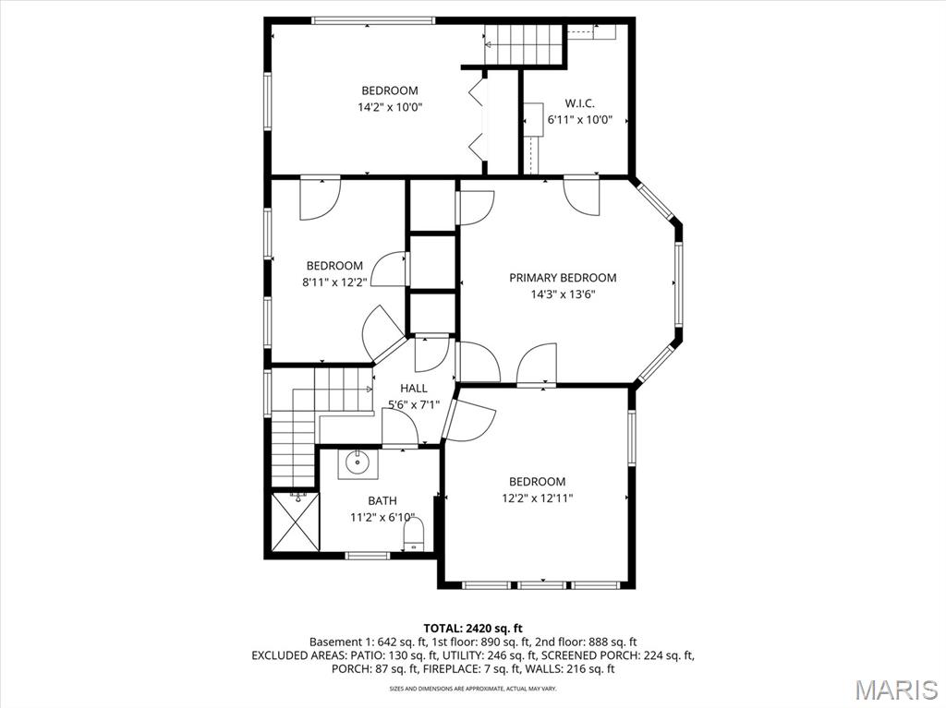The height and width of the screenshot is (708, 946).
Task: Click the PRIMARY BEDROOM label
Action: point(563,278)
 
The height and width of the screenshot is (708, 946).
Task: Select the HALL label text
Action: point(413,389)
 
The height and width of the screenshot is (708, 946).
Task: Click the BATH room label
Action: point(382,501)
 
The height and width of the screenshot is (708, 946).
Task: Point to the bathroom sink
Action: point(358,463)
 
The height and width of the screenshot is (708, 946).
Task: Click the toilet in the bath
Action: point(413,534)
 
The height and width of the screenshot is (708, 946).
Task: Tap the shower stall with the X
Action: point(295,522)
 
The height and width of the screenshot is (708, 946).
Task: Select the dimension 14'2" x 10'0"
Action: point(389,107)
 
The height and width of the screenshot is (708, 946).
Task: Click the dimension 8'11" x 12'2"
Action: point(334,282)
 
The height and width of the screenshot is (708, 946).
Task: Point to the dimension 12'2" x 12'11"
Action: point(537,498)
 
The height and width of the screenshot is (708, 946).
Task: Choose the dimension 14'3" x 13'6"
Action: point(563,295)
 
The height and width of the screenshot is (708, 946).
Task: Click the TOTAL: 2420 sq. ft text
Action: point(472,628)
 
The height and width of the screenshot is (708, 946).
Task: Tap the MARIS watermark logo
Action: point(895,688)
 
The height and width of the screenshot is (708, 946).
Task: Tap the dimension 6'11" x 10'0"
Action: point(579,119)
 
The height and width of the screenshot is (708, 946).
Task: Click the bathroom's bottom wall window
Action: point(368,555)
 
